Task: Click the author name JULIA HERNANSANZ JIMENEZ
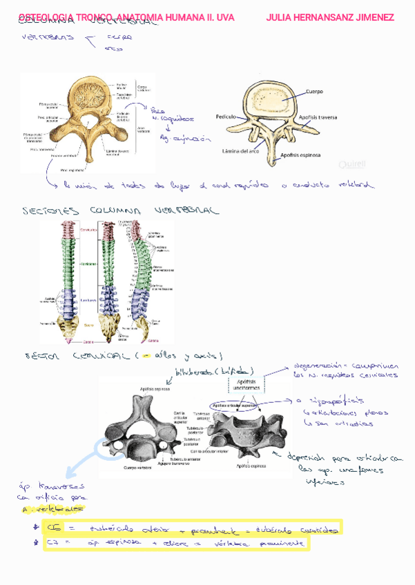[330, 17]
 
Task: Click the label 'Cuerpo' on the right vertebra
[315, 92]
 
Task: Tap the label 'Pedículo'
[226, 118]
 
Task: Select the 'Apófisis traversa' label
[318, 118]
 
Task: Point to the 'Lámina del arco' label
[240, 150]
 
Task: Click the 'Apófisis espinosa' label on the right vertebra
[301, 155]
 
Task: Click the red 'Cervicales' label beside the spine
[88, 230]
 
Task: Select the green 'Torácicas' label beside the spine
[88, 264]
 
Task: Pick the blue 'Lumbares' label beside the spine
[88, 301]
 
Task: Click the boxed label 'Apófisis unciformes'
[248, 384]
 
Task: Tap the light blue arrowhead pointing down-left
[70, 475]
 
